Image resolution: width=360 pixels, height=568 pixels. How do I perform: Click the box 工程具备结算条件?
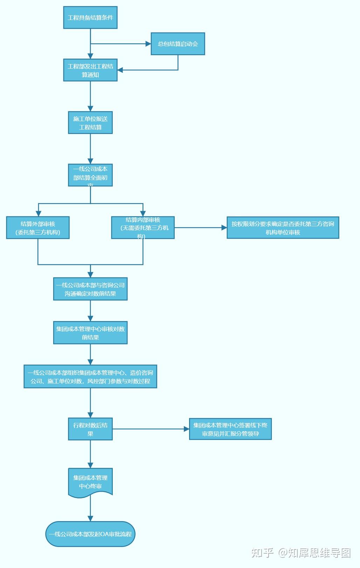[90, 18]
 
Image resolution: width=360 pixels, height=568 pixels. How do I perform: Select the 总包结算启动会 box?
[178, 44]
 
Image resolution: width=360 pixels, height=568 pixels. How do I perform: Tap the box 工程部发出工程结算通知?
[90, 70]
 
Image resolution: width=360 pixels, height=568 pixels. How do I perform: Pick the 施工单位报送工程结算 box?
[90, 123]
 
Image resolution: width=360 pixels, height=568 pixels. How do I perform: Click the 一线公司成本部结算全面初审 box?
[90, 175]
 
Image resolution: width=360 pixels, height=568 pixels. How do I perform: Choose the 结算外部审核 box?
[38, 228]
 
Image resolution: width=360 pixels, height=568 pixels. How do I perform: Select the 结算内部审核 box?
[143, 228]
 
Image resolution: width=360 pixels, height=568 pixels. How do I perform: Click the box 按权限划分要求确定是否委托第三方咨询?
[283, 228]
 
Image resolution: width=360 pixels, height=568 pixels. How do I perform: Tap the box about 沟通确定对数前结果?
[90, 289]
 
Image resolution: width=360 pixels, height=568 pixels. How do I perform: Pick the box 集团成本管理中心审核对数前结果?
[90, 333]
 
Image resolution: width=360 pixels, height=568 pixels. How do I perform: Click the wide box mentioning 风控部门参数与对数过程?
[90, 377]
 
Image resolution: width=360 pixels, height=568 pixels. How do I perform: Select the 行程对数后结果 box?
[90, 429]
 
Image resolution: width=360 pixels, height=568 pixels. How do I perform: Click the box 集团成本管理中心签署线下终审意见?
[230, 429]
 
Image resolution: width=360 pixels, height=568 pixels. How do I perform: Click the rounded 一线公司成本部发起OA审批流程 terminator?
[90, 534]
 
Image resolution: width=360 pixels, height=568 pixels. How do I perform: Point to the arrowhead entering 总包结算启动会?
[148, 44]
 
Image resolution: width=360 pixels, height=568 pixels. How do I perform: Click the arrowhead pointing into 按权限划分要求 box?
[224, 228]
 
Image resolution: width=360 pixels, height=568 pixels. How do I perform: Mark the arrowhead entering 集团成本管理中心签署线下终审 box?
[187, 429]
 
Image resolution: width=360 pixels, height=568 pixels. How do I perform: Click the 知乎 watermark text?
[262, 553]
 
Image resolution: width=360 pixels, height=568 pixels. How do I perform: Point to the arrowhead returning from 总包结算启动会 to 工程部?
[120, 70]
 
